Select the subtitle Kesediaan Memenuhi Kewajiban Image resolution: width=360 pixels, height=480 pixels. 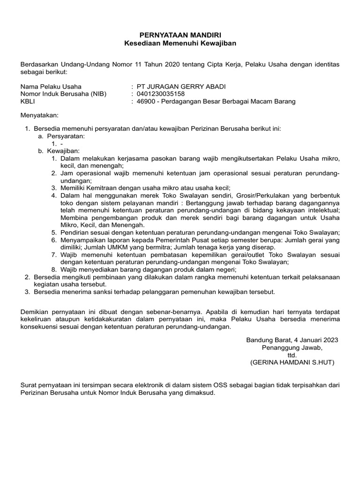180,43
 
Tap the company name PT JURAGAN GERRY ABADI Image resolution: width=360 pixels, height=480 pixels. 173,86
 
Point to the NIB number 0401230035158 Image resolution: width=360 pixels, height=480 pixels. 157,94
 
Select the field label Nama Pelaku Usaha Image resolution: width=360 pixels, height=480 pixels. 51,86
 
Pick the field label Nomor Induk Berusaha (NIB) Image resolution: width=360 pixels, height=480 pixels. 64,94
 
